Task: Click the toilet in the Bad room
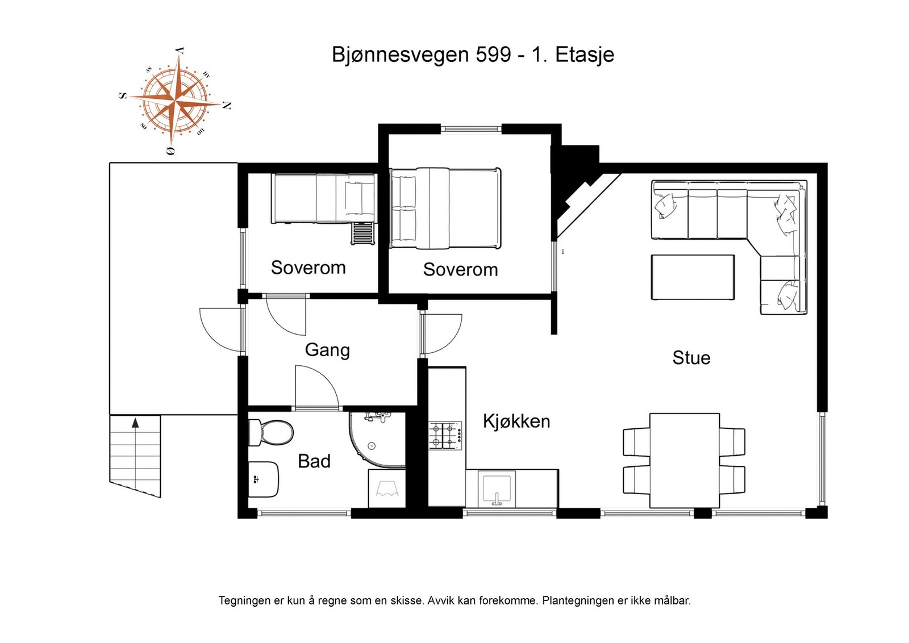pyautogui.click(x=272, y=433)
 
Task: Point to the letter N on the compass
pyautogui.click(x=226, y=106)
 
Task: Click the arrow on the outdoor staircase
pyautogui.click(x=135, y=423)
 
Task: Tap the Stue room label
pyautogui.click(x=691, y=358)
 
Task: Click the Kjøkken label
pyautogui.click(x=516, y=421)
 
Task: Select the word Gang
pyautogui.click(x=327, y=350)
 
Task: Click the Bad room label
pyautogui.click(x=314, y=461)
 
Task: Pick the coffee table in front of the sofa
pyautogui.click(x=693, y=277)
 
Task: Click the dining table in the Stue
pyautogui.click(x=684, y=460)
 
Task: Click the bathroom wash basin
pyautogui.click(x=263, y=479)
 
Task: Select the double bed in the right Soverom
pyautogui.click(x=445, y=208)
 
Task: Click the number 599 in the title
pyautogui.click(x=493, y=55)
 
